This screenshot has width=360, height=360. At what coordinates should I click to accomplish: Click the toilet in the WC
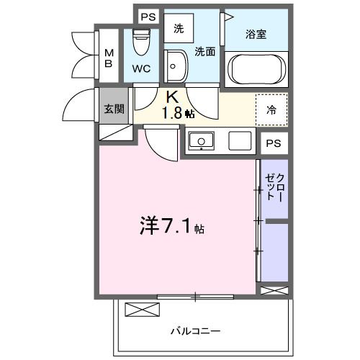click(x=141, y=43)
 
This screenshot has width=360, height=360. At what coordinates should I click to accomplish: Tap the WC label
click(x=142, y=70)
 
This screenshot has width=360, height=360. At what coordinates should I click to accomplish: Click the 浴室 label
click(x=257, y=32)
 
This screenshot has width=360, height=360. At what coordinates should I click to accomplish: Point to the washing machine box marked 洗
click(x=178, y=29)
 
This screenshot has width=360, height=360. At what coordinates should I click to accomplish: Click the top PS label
click(x=148, y=15)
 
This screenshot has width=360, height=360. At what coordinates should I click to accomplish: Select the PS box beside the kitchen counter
click(x=273, y=143)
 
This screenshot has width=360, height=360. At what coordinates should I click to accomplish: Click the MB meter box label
click(x=109, y=58)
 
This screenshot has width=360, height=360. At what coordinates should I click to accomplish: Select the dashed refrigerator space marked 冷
click(x=271, y=110)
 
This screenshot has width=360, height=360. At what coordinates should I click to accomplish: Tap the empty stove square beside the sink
click(x=239, y=140)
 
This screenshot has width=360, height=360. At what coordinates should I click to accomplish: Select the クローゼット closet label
click(x=274, y=187)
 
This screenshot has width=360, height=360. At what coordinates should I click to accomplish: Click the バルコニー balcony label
click(x=195, y=330)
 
